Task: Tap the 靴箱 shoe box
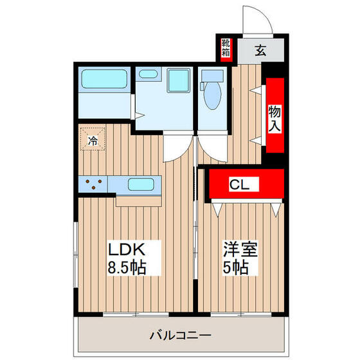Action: pos(226,48)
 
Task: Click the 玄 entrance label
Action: pos(261,50)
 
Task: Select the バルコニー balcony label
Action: pos(179,335)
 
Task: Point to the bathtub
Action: pos(105,80)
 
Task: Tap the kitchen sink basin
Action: pos(140,184)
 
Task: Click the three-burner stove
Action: pos(93,184)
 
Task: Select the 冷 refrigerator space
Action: pos(93,139)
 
